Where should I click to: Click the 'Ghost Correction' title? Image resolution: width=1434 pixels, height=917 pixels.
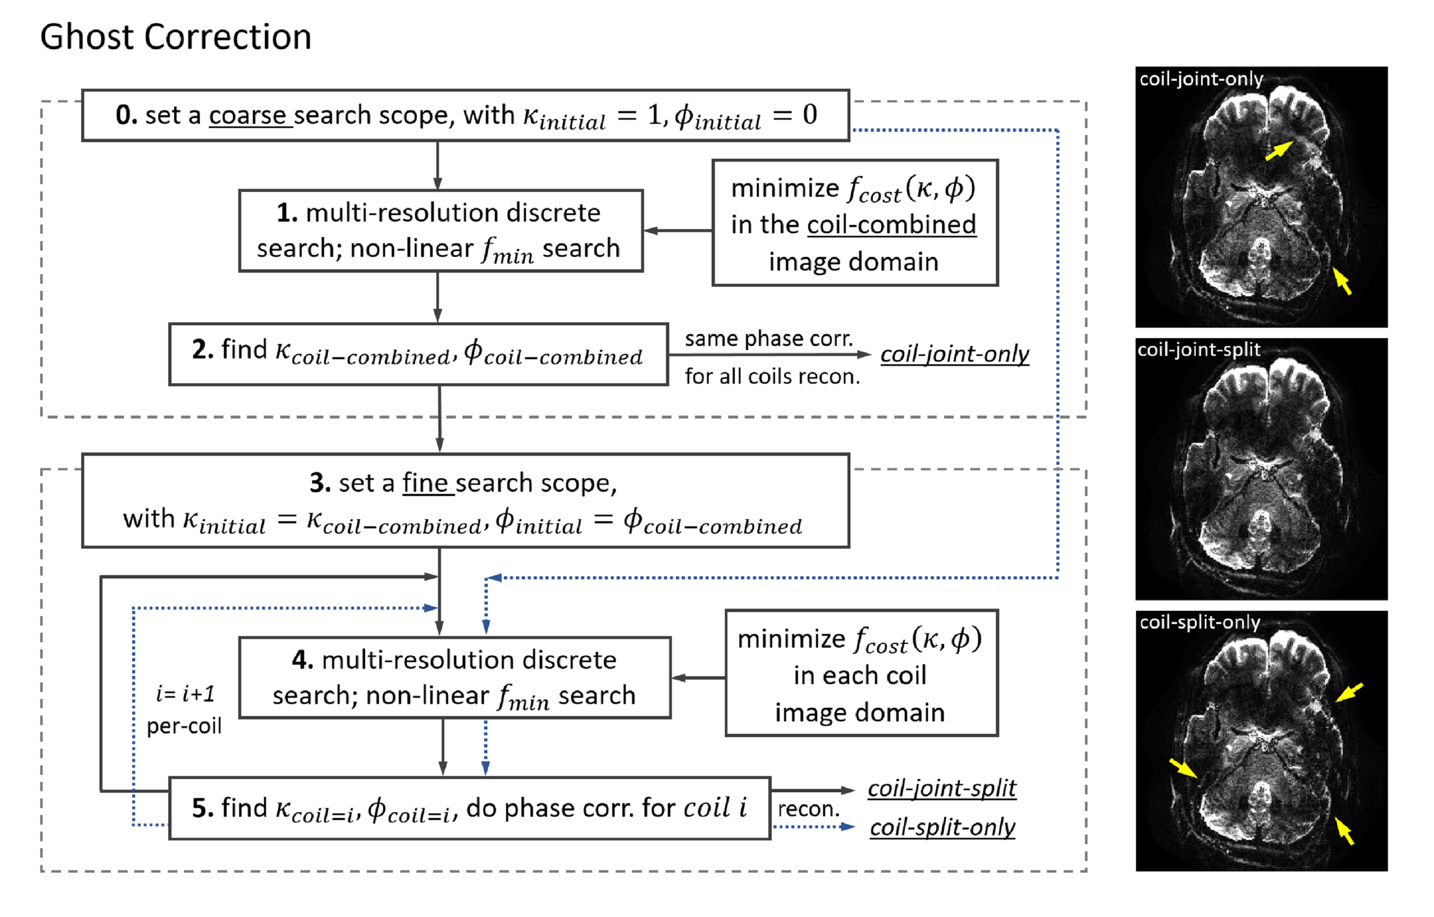176,37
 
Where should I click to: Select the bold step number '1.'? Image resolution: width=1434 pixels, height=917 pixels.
287,213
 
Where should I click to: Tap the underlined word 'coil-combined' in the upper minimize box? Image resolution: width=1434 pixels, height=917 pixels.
891,225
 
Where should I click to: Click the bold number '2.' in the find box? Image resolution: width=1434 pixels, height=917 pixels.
203,350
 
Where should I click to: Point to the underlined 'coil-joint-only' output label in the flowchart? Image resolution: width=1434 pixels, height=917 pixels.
954,354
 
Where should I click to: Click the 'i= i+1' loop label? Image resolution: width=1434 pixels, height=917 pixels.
184,694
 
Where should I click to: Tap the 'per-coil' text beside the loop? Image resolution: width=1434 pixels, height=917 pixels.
184,726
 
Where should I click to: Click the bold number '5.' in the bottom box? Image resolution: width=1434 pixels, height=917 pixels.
203,808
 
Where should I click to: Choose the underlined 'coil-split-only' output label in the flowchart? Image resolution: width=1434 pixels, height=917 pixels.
942,827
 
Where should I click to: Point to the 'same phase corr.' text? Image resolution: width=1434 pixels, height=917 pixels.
768,339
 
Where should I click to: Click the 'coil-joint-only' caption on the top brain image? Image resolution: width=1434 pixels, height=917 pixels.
1201,79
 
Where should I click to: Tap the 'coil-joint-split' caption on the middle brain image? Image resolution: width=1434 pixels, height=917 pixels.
1199,350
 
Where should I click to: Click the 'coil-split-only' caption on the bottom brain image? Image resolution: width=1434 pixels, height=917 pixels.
1200,622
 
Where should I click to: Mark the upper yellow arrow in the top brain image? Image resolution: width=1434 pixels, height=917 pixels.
1279,151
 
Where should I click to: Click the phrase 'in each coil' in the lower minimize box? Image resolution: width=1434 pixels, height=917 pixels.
859,676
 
